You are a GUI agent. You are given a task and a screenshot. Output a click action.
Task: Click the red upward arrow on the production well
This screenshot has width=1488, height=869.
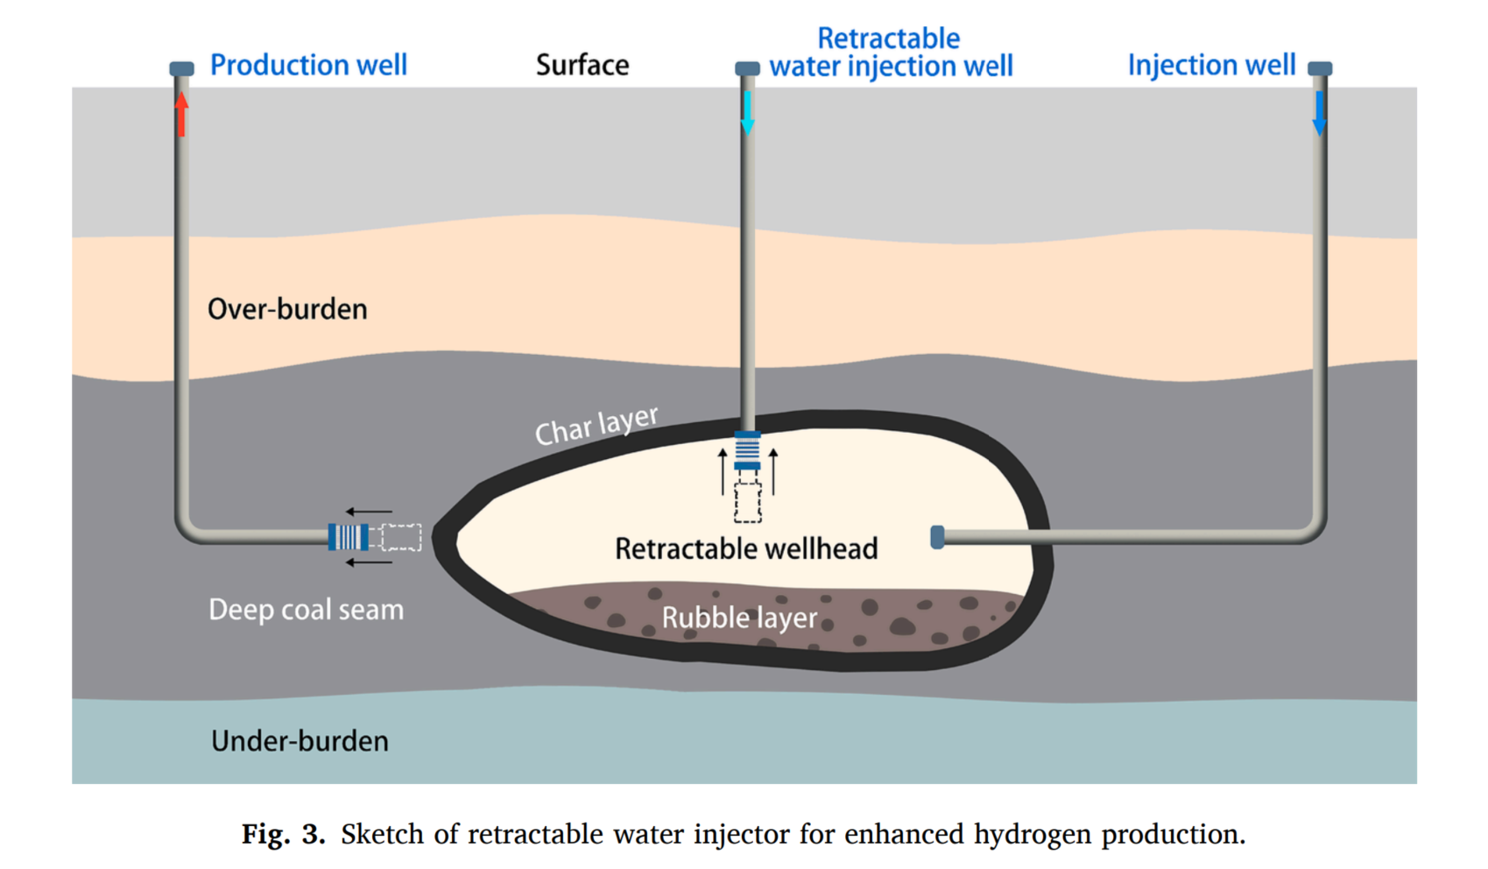(x=181, y=115)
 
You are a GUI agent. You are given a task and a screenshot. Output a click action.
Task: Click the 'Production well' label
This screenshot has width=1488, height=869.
(x=308, y=66)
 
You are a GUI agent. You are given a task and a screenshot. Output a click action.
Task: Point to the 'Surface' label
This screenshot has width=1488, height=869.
(x=582, y=66)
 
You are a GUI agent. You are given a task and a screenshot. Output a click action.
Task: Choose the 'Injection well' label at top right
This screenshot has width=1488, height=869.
(x=1211, y=66)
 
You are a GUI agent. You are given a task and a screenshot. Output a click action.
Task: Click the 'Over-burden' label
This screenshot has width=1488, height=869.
(x=287, y=309)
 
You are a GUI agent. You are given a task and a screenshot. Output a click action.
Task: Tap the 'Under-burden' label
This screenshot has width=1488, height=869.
(x=300, y=741)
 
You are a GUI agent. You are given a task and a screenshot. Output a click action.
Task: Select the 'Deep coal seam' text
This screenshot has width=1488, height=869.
(x=306, y=610)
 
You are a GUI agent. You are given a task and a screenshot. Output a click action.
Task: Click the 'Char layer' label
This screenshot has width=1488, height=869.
(x=596, y=426)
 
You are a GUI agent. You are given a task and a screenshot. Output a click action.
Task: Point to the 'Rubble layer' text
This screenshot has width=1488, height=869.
(x=739, y=618)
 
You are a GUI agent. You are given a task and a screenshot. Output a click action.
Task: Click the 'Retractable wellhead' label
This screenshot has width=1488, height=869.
(x=746, y=549)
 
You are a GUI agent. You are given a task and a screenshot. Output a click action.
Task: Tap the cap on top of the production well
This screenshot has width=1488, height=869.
(x=181, y=68)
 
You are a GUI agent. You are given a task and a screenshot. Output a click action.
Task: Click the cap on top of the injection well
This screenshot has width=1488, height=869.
(x=1320, y=68)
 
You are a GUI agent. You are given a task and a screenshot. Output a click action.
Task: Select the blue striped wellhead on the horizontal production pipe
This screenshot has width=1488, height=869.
(x=348, y=537)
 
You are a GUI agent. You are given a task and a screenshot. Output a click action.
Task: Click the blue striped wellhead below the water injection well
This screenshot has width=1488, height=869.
(x=747, y=451)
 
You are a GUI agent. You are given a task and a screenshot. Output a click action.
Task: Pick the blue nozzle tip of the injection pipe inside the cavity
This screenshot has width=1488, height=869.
(x=937, y=537)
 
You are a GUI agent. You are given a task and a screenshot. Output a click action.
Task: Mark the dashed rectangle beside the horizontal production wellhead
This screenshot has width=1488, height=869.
(x=401, y=537)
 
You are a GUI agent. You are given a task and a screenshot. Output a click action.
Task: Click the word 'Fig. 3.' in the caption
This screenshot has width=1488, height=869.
(x=283, y=834)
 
